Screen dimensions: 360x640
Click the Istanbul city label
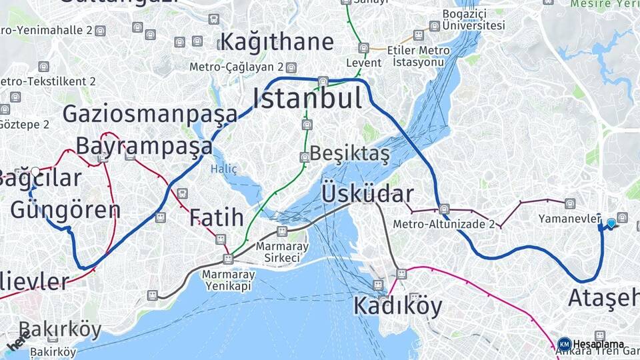coord(307,99)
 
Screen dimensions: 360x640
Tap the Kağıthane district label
coord(277,41)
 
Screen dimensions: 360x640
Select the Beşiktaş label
coord(349,153)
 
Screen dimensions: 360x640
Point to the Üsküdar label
coord(367,194)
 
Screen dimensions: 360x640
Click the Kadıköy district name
coord(397,305)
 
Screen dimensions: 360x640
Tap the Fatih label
coord(216,217)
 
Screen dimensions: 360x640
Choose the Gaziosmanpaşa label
coord(150,114)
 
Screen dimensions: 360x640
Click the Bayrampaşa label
coord(143,145)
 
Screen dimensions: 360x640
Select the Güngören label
coord(65,209)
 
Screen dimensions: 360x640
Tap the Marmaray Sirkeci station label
coord(282,251)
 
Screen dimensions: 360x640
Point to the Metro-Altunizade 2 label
coord(443,224)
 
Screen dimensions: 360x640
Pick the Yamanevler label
coord(570,219)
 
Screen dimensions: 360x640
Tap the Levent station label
coord(364,63)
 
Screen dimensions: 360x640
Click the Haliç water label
coord(224,169)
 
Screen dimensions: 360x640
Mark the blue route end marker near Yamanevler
coord(611,223)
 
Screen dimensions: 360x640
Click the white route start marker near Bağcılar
coord(35,171)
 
